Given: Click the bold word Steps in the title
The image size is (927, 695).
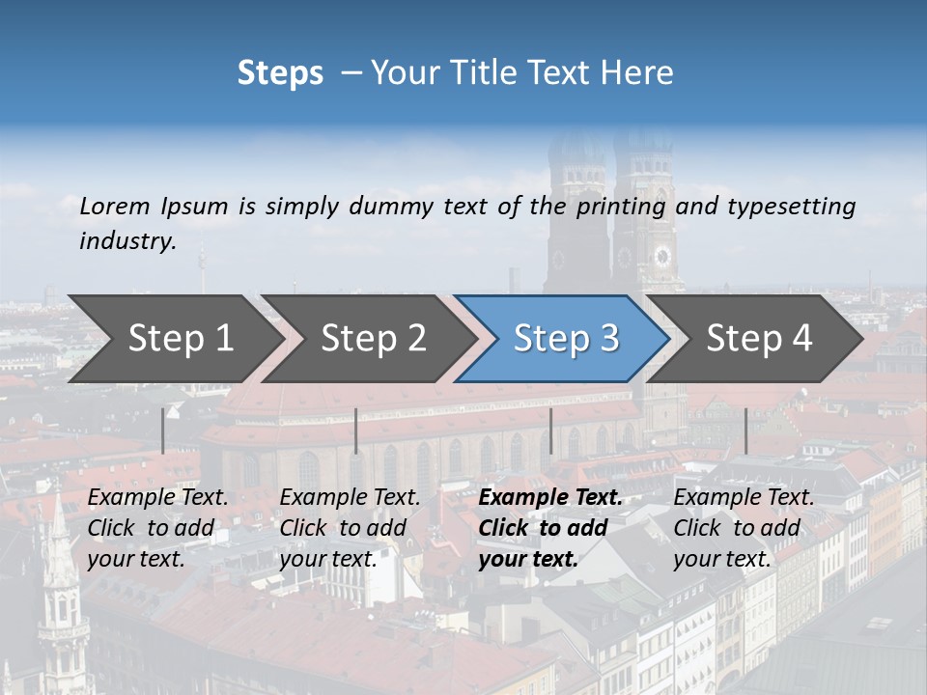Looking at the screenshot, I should (x=280, y=73).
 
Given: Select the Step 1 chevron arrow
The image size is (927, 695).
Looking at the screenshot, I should (x=174, y=338).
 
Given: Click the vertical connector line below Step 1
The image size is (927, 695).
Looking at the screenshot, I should (x=163, y=431).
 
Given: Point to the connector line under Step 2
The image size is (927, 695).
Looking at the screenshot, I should (x=356, y=431).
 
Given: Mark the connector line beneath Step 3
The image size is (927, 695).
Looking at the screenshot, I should (x=550, y=431).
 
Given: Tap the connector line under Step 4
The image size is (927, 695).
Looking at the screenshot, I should (x=745, y=431).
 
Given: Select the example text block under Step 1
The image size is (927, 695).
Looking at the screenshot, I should (x=157, y=528).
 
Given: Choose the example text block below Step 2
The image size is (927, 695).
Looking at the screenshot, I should (x=350, y=528).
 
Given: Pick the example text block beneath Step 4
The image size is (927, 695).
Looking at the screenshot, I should (x=744, y=528).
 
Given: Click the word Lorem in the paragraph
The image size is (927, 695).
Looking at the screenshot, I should (x=115, y=207).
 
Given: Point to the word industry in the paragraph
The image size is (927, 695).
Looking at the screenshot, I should (x=126, y=241).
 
